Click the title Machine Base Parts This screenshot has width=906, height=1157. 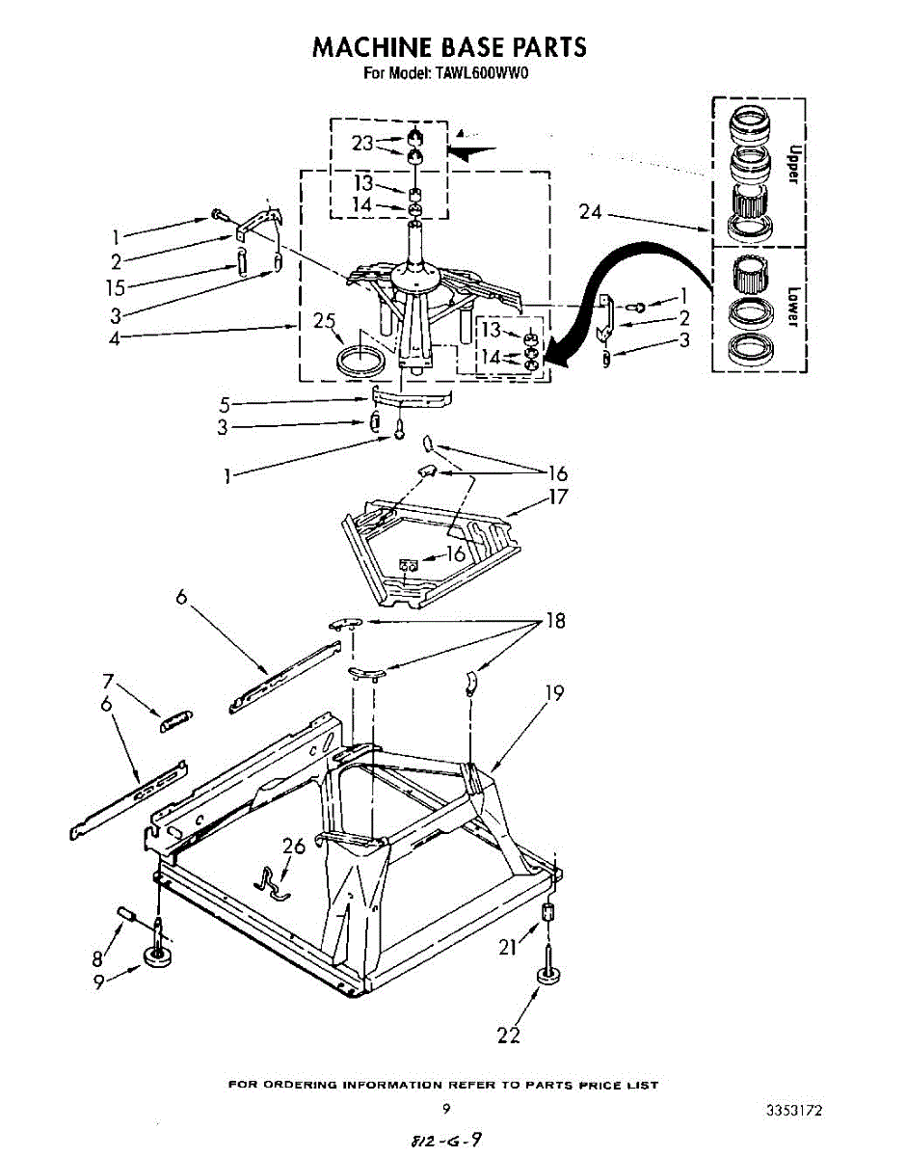click(449, 46)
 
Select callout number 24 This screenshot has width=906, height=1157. click(591, 212)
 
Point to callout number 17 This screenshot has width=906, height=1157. click(558, 498)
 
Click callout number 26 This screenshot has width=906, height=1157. click(293, 846)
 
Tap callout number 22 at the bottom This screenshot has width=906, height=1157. click(508, 1036)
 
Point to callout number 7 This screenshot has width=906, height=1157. click(109, 681)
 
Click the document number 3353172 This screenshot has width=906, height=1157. click(794, 1111)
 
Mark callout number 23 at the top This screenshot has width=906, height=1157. click(362, 144)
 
